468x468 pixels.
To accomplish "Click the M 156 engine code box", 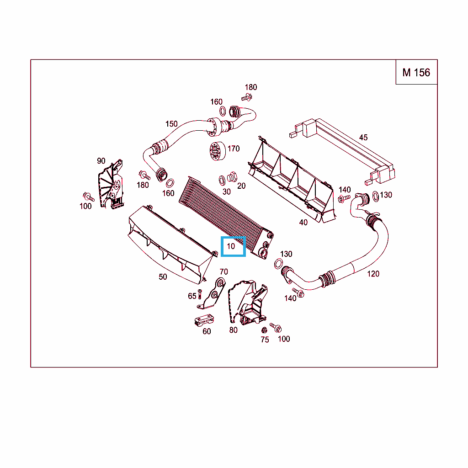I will [416, 72].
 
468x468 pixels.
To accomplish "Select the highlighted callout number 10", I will [231, 246].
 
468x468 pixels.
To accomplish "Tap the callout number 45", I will [363, 137].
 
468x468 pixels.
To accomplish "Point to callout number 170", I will [234, 149].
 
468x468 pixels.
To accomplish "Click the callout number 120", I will [373, 274].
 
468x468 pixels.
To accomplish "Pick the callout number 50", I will [163, 277].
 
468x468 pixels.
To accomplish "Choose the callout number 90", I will [101, 161].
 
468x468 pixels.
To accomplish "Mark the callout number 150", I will [171, 124].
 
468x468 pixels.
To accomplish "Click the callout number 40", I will [303, 223].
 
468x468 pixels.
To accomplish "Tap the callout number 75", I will [265, 340].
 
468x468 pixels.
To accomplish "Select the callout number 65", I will [192, 296].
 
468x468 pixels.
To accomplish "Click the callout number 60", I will [207, 331].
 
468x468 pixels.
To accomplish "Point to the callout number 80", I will [234, 330].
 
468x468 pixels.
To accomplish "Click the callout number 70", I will [224, 272].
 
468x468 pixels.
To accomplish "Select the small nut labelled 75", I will [264, 330].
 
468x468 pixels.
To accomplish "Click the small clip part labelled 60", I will [203, 320].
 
